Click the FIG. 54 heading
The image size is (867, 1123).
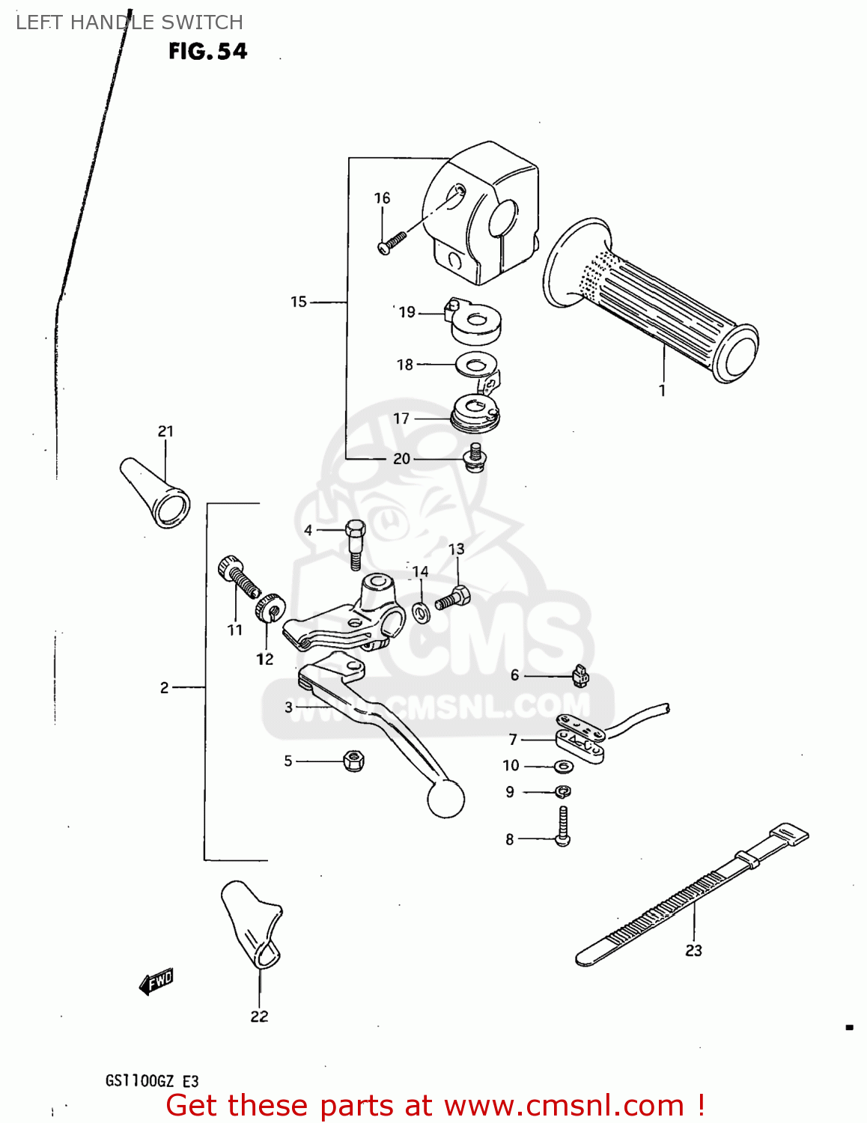click(207, 51)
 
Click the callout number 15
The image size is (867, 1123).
click(299, 302)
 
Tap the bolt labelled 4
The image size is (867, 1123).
click(355, 543)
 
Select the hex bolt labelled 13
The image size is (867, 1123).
click(453, 598)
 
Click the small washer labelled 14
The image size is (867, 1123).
click(422, 614)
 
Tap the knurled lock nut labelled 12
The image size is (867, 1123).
click(267, 607)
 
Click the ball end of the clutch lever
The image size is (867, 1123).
click(446, 799)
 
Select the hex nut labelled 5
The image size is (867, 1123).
click(353, 761)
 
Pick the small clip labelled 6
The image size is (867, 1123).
click(580, 677)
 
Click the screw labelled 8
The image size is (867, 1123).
click(563, 826)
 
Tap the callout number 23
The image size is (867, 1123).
click(693, 950)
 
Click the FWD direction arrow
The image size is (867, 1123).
click(156, 981)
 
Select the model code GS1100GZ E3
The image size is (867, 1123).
click(152, 1081)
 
